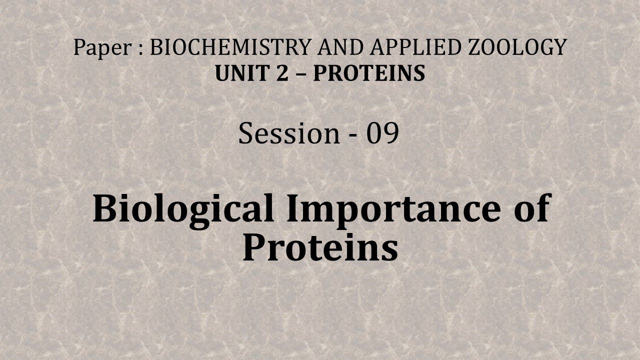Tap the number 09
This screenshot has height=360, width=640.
(382, 133)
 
